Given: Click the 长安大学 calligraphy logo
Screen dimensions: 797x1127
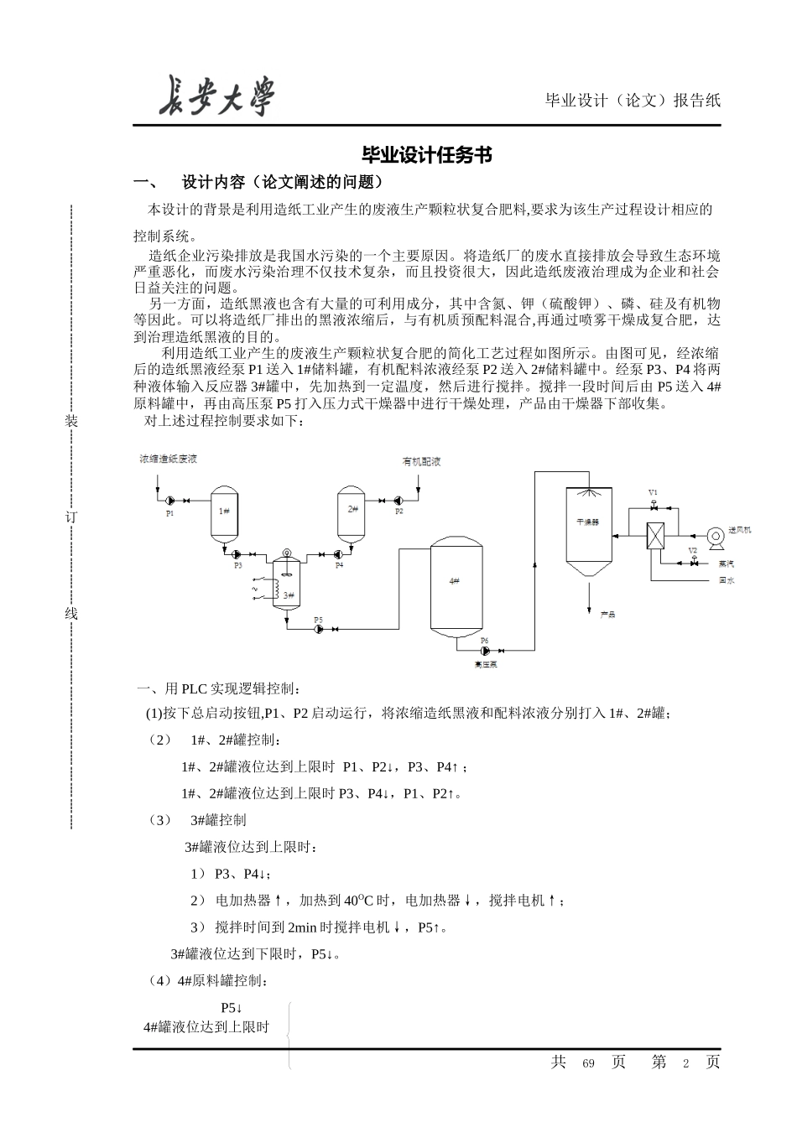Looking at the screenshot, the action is pyautogui.click(x=216, y=96).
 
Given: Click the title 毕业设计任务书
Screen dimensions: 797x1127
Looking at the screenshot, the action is pyautogui.click(x=426, y=155).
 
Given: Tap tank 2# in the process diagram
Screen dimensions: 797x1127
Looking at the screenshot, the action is pyautogui.click(x=352, y=509).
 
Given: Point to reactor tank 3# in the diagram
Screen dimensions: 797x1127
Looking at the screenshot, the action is pyautogui.click(x=288, y=591).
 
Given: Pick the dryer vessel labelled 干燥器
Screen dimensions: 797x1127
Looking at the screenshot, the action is pyautogui.click(x=587, y=524).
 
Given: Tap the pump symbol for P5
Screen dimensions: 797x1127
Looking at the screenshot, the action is pyautogui.click(x=319, y=629).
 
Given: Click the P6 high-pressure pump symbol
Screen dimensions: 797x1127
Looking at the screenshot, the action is pyautogui.click(x=485, y=649).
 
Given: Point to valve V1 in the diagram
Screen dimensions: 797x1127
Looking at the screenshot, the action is pyautogui.click(x=654, y=506).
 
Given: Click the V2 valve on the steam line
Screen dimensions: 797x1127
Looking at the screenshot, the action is pyautogui.click(x=693, y=563).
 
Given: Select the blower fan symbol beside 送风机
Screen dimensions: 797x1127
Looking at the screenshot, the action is pyautogui.click(x=714, y=533).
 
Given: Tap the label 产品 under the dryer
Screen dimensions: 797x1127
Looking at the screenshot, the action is pyautogui.click(x=607, y=615).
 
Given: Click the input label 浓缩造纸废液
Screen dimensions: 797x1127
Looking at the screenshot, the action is pyautogui.click(x=168, y=460).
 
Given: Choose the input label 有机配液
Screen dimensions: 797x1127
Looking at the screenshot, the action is pyautogui.click(x=421, y=462).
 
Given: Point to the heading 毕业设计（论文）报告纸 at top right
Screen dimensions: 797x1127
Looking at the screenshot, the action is pyautogui.click(x=633, y=101).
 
